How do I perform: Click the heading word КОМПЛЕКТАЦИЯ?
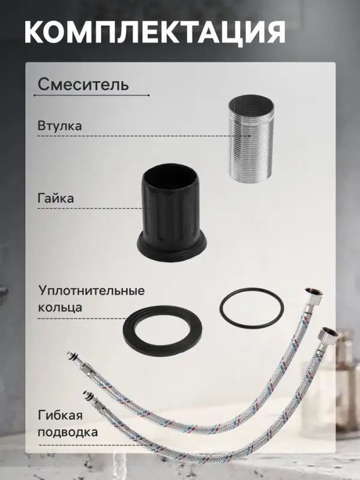[x=155, y=31]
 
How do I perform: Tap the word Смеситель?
[x=83, y=84]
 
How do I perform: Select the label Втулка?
[x=59, y=127]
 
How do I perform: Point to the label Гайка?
[x=55, y=197]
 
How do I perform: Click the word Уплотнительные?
[x=91, y=291]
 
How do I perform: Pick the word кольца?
[x=60, y=307]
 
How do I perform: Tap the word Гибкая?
[x=59, y=416]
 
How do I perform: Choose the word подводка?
[x=67, y=431]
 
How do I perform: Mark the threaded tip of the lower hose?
[x=85, y=395]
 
